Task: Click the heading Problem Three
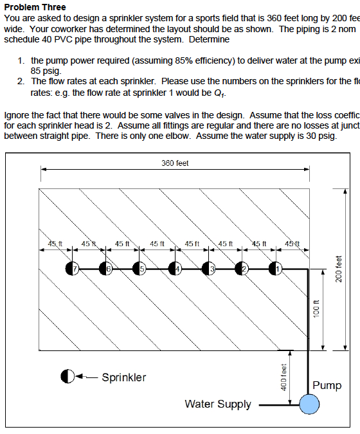pos(35,7)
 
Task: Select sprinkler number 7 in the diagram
pos(72,268)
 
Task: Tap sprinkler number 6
pos(106,268)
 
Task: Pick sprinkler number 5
pos(140,268)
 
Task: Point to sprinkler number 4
pos(175,268)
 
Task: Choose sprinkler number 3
pos(208,268)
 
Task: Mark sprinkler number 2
pos(242,268)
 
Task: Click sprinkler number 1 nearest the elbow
pos(276,268)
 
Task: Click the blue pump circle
pos(309,404)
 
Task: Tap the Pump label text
pos(327,385)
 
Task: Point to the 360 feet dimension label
pos(175,163)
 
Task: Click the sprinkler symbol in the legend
pos(69,377)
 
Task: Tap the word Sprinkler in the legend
pos(124,377)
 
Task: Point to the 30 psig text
pos(319,137)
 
